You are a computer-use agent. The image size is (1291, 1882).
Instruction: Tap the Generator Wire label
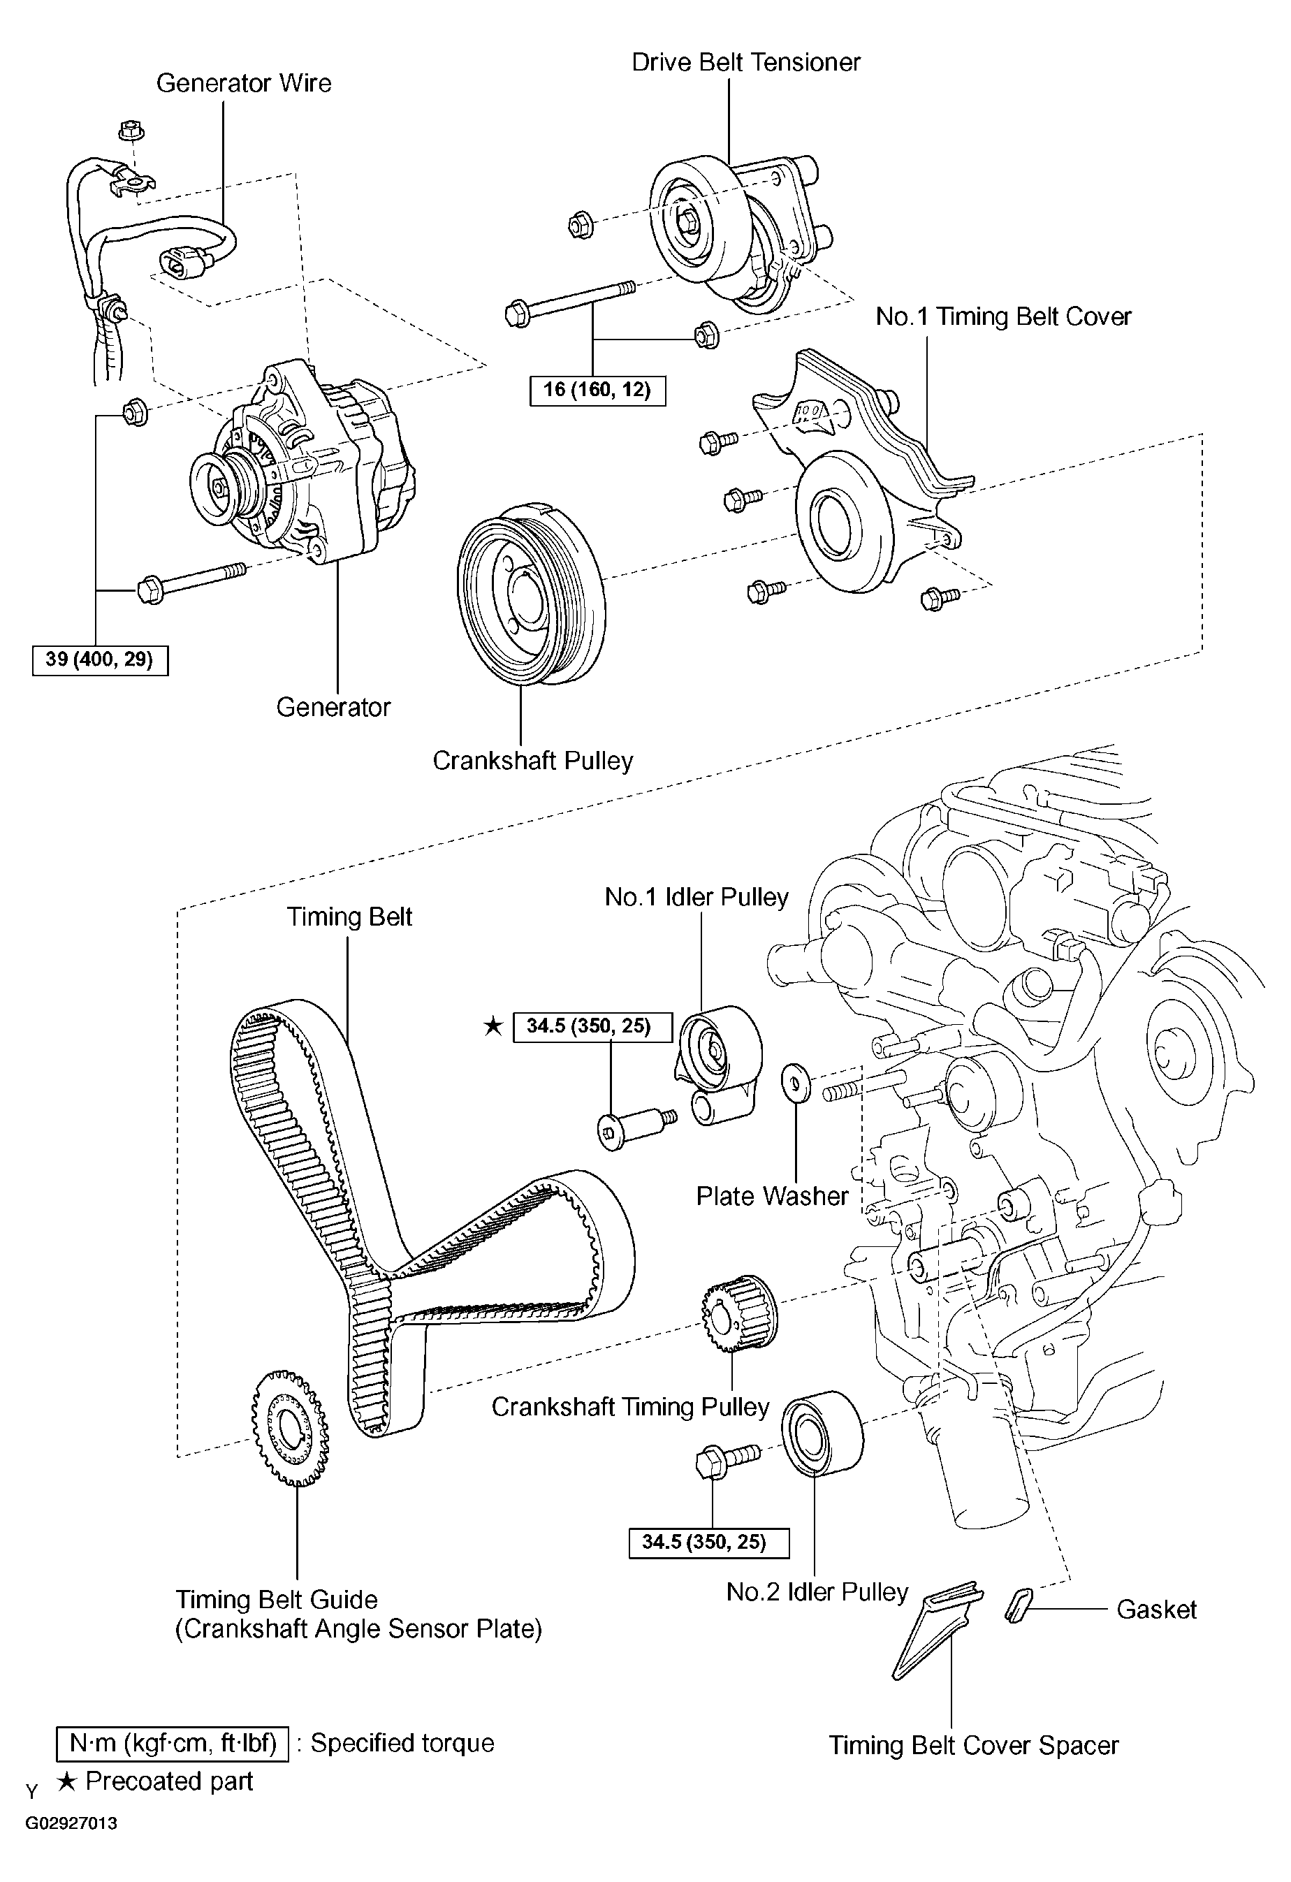[x=244, y=82]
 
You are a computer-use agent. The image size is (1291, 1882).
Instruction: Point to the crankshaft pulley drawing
[x=530, y=594]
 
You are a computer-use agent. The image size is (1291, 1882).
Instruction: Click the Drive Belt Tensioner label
[x=745, y=62]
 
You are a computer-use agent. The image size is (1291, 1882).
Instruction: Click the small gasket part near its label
[x=1017, y=1605]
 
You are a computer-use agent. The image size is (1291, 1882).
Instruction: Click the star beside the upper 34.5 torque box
[x=493, y=1027]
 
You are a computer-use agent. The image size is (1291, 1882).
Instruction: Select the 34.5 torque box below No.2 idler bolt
[x=708, y=1542]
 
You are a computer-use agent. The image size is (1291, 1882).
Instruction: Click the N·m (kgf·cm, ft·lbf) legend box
[x=173, y=1743]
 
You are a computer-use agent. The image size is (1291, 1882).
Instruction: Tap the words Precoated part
[x=169, y=1781]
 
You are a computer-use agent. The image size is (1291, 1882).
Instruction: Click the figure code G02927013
[x=71, y=1824]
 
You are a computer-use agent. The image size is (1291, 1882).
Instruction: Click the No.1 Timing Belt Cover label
[x=1002, y=316]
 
